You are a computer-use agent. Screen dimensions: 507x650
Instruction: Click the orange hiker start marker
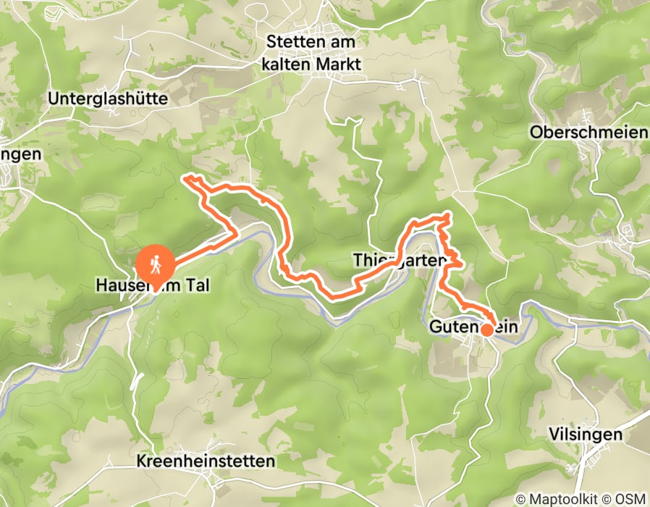(x=156, y=265)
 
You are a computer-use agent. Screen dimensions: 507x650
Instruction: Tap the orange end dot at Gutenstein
(x=488, y=330)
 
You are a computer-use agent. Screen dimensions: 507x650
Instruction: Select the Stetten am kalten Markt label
(x=313, y=53)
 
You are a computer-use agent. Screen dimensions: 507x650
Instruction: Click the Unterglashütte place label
(x=117, y=98)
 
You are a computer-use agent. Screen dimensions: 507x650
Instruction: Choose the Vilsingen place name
(x=586, y=435)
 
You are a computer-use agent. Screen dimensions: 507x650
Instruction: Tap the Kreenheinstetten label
(x=205, y=461)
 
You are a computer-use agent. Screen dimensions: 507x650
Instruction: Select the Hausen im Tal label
(x=153, y=286)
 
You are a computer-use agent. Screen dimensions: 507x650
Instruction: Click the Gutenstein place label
(x=474, y=327)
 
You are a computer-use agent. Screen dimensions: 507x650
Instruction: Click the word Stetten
(x=294, y=41)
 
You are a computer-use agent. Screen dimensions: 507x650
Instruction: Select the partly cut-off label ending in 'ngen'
(x=20, y=154)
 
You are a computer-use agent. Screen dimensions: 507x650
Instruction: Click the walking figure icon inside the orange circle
(x=156, y=265)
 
